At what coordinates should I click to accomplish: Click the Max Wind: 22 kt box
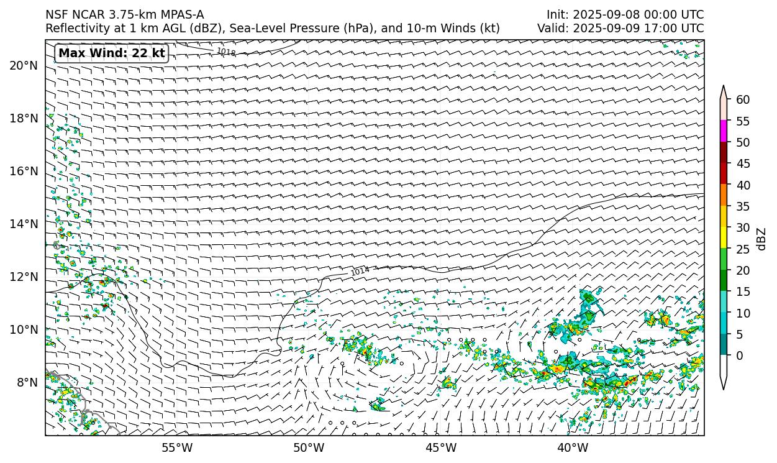[112, 53]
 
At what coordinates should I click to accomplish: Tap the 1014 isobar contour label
[360, 271]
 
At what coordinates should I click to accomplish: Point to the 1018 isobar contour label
[226, 52]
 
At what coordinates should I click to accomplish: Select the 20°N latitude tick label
[24, 66]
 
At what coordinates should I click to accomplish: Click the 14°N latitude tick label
[24, 224]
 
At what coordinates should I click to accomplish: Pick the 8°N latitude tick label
[26, 383]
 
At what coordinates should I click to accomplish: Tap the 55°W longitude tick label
[177, 448]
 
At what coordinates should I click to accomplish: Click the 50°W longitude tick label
[309, 448]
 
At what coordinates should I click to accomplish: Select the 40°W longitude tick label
[573, 448]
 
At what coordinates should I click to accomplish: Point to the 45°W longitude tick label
[441, 448]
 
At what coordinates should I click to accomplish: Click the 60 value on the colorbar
[743, 100]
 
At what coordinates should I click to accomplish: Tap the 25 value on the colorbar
[743, 249]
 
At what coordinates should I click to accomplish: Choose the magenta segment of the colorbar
[724, 131]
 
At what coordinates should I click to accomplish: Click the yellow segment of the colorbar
[724, 238]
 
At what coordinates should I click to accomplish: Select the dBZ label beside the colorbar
[761, 239]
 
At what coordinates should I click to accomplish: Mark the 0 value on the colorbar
[739, 356]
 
